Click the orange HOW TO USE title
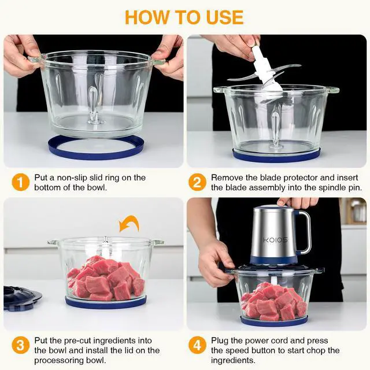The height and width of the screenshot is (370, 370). (184, 16)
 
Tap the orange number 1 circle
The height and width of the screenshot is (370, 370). (20, 182)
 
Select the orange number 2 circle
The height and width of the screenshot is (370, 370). (198, 182)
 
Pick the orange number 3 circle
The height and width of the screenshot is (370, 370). (20, 346)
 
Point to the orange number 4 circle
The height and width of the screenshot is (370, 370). (198, 346)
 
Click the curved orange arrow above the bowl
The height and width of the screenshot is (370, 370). (129, 223)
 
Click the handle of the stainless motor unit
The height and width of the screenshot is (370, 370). (304, 232)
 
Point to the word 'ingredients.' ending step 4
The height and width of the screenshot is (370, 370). (234, 361)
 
